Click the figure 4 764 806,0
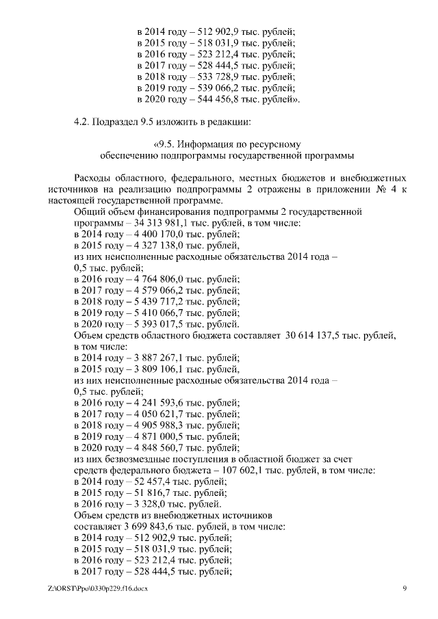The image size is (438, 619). click(x=153, y=279)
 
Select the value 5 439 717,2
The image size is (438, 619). click(x=153, y=302)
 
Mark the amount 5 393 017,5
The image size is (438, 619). click(x=153, y=324)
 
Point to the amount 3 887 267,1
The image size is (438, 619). click(x=153, y=358)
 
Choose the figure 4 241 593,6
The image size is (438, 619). click(x=153, y=403)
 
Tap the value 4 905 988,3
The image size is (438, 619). click(x=153, y=425)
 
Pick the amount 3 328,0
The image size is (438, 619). click(x=143, y=505)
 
